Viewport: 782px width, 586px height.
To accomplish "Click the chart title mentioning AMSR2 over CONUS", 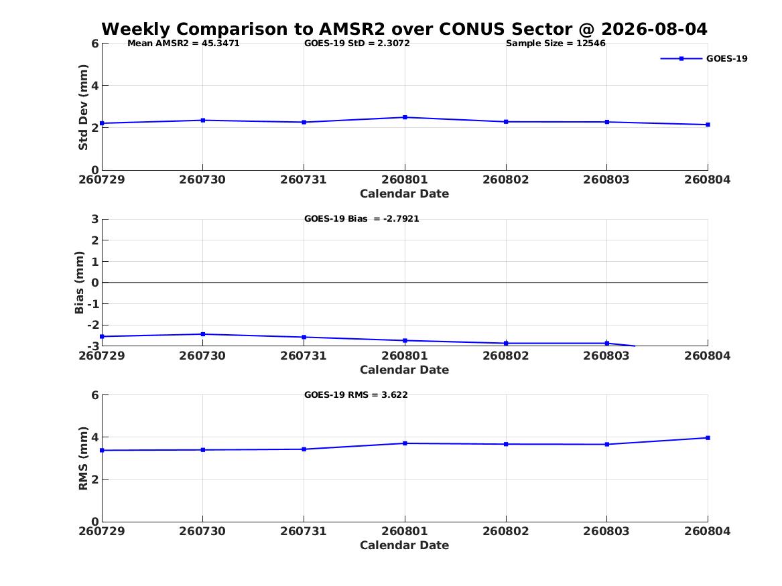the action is [404, 29].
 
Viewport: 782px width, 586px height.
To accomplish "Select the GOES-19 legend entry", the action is [704, 58].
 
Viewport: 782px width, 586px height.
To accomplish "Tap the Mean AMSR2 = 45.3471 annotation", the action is [184, 44].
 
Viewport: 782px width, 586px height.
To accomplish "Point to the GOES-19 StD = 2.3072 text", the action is [357, 44].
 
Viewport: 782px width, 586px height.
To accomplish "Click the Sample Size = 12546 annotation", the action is [556, 44].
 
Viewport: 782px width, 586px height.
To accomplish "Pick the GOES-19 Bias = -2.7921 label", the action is [362, 219].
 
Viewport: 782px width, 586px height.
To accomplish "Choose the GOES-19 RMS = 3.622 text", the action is [356, 394].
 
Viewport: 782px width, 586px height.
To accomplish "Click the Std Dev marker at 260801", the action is [405, 118].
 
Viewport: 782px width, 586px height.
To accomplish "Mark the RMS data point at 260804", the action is [708, 438].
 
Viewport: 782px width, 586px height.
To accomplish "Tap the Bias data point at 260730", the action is [203, 334].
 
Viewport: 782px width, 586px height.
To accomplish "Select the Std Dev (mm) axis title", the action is [83, 107].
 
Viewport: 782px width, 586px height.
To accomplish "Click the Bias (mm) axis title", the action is [79, 283].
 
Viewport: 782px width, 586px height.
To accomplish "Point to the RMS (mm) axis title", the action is [83, 459].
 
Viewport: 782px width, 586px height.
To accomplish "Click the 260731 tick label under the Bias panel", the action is [304, 356].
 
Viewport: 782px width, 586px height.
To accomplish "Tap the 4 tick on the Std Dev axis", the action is [94, 86].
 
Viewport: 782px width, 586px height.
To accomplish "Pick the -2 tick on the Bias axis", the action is [93, 325].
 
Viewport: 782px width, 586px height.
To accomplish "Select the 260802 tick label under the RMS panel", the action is [506, 531].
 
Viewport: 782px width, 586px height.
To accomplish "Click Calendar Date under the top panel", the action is [405, 194].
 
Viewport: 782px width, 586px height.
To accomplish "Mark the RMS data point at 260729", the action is [103, 451].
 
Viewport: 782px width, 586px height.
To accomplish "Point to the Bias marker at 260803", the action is [607, 344].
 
